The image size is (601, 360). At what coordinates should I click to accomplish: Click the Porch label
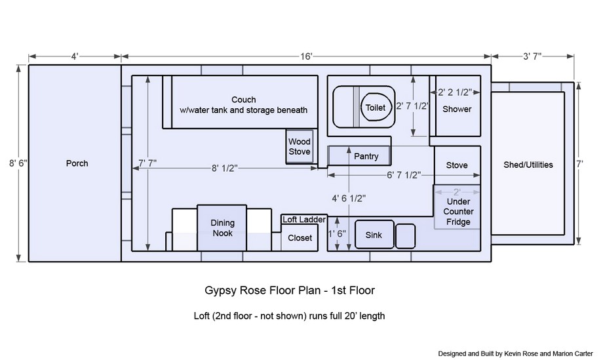pyautogui.click(x=77, y=163)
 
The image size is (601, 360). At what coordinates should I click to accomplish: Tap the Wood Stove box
pyautogui.click(x=300, y=147)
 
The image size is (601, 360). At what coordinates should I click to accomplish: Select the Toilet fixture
pyautogui.click(x=376, y=108)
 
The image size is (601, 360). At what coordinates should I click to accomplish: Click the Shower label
pyautogui.click(x=457, y=109)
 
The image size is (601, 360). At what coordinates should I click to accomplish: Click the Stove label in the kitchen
pyautogui.click(x=457, y=165)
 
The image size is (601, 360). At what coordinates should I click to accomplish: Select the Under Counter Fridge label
pyautogui.click(x=458, y=212)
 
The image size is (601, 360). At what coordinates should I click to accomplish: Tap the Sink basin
pyautogui.click(x=374, y=235)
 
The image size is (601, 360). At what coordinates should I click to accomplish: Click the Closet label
pyautogui.click(x=300, y=238)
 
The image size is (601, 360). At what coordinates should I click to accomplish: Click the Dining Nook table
pyautogui.click(x=222, y=228)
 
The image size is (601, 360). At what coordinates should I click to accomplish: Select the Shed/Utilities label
pyautogui.click(x=528, y=165)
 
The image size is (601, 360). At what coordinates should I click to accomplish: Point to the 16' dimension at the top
pyautogui.click(x=307, y=56)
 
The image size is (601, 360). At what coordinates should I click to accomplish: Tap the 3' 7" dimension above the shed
pyautogui.click(x=532, y=56)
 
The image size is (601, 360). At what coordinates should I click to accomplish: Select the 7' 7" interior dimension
pyautogui.click(x=147, y=162)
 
